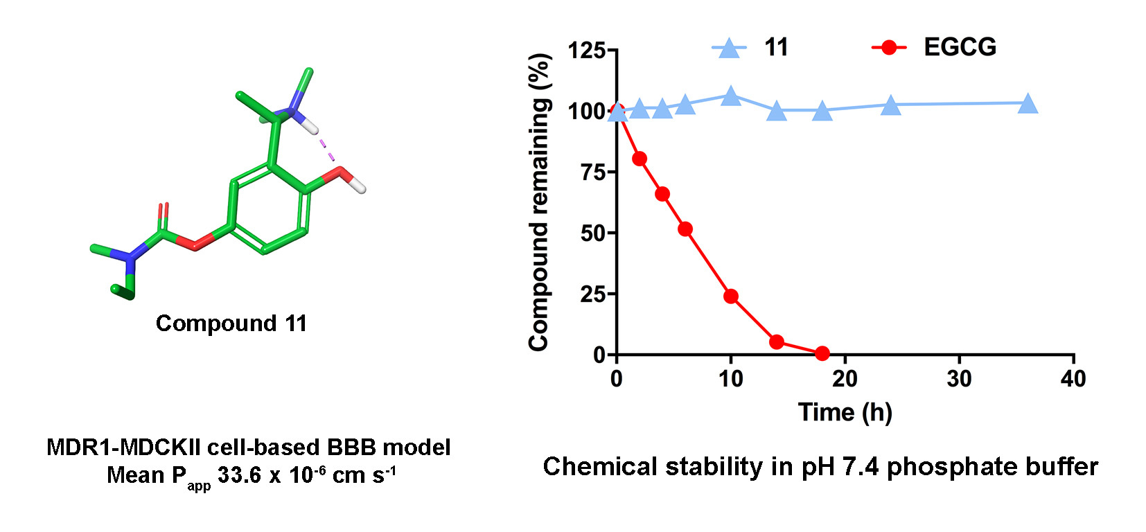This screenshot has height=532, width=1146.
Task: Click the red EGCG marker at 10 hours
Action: click(730, 296)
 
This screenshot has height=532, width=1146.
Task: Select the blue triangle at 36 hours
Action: click(1028, 104)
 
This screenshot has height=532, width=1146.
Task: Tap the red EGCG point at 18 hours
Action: click(822, 354)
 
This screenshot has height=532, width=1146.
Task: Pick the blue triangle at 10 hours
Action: click(730, 97)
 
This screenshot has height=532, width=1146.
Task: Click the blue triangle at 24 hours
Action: click(890, 106)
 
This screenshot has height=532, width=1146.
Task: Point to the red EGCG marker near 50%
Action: click(685, 229)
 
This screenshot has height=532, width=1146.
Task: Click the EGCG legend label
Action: click(960, 47)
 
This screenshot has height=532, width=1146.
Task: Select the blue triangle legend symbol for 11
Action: click(729, 48)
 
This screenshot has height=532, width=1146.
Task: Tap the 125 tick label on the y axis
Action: click(586, 50)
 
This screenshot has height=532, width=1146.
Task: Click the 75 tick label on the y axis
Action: click(593, 172)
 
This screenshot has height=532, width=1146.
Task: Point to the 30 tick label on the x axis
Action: click(959, 379)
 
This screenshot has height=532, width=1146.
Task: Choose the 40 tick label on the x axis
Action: click(1073, 379)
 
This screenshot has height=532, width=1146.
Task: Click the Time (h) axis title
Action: click(845, 413)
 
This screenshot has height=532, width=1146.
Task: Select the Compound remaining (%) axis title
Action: click(539, 202)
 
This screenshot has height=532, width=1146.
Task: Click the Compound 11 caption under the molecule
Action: click(231, 323)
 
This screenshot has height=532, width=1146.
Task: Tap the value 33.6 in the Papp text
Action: click(239, 476)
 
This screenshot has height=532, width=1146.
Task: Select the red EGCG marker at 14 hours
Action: click(776, 342)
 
